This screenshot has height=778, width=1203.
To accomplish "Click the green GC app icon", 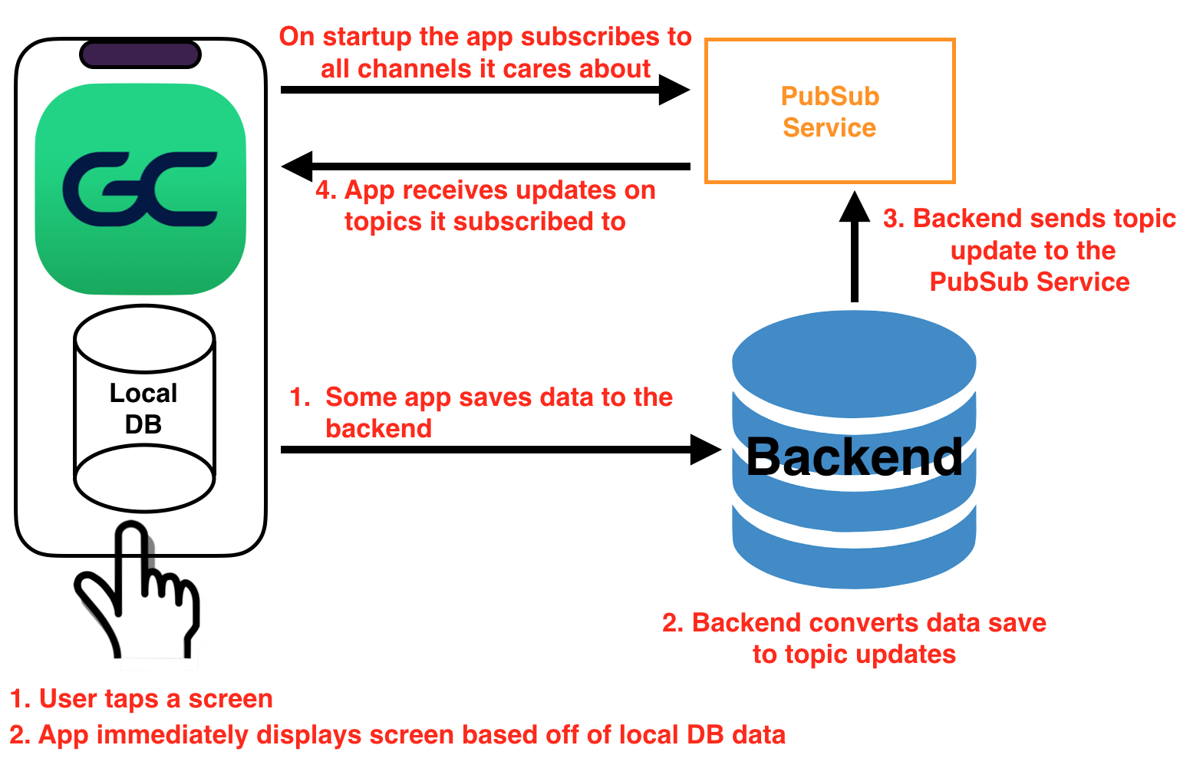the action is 140,189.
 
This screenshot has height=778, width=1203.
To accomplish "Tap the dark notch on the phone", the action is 140,54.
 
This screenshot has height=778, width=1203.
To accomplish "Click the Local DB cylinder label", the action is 143,409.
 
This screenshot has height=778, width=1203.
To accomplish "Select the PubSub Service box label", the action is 830,112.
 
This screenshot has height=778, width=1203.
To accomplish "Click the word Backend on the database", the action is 854,457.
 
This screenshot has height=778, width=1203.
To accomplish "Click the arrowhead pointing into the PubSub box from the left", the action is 674,90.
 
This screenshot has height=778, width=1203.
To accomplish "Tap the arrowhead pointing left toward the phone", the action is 297,166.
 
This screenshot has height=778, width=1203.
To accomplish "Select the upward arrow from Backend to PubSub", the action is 855,246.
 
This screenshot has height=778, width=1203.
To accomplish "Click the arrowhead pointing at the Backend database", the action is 706,450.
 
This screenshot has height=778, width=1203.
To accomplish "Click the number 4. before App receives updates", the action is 326,190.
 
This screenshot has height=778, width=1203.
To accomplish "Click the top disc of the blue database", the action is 854,364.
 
